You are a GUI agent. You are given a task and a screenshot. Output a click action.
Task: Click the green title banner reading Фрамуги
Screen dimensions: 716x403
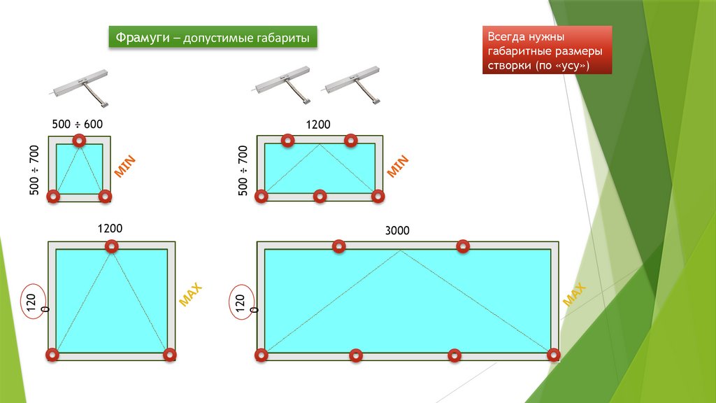click(x=213, y=37)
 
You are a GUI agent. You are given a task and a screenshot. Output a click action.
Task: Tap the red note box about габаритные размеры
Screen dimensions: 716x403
click(x=547, y=50)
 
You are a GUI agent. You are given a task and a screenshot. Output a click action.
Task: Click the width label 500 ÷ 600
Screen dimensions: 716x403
click(x=77, y=125)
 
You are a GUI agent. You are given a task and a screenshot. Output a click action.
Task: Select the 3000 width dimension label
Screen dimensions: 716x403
click(x=397, y=230)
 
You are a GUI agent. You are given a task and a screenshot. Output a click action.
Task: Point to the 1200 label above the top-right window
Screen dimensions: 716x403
click(x=318, y=125)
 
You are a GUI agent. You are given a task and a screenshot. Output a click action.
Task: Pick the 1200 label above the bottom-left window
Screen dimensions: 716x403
click(x=110, y=229)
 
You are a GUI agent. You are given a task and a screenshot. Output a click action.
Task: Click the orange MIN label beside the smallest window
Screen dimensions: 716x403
click(x=124, y=167)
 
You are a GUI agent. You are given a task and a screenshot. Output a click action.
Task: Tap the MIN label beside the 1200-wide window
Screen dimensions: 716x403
click(x=398, y=167)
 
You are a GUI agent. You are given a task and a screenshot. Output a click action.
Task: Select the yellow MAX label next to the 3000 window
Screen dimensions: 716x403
click(x=574, y=295)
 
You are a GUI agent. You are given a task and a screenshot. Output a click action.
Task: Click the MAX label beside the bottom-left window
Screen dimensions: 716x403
click(x=190, y=295)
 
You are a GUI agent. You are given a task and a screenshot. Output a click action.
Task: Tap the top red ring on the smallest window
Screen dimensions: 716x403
click(x=80, y=140)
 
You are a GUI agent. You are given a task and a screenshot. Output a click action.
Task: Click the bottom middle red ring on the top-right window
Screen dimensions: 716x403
click(x=320, y=197)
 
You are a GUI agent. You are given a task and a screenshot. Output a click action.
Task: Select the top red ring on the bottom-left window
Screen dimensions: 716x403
click(x=112, y=247)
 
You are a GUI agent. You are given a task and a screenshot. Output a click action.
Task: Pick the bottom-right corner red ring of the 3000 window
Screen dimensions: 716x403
click(x=554, y=355)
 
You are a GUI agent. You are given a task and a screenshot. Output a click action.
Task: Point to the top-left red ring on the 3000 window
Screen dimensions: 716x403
click(x=339, y=247)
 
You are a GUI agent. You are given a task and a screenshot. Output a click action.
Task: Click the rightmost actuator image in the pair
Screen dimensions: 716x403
click(x=352, y=86)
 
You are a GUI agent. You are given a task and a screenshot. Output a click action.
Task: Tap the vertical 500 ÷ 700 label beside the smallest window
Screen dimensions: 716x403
click(x=34, y=170)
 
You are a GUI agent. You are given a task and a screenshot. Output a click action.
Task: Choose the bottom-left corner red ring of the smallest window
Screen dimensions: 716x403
click(x=53, y=197)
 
